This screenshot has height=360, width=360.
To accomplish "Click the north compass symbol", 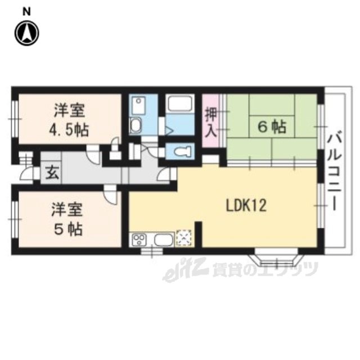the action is (27, 33).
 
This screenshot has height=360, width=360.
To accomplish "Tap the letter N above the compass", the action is (27, 12).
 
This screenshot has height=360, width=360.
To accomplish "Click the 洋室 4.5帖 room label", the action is (69, 120).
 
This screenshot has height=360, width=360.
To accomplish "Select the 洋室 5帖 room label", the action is (67, 219).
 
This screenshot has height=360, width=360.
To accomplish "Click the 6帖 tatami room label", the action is (272, 127).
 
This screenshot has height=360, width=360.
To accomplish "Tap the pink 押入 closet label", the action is (211, 122).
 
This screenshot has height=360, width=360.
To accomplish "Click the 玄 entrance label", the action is (52, 173).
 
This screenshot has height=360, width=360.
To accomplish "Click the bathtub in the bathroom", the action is (179, 103).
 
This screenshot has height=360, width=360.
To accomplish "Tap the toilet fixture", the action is (182, 151).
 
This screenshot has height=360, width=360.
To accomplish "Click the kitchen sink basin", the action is (164, 240).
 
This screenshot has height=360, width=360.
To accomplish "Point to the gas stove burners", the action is (139, 240).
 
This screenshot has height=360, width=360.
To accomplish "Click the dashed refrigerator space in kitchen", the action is (184, 238).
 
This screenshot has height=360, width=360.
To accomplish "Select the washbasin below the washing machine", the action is (136, 126).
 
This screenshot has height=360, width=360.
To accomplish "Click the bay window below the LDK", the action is (276, 259).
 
